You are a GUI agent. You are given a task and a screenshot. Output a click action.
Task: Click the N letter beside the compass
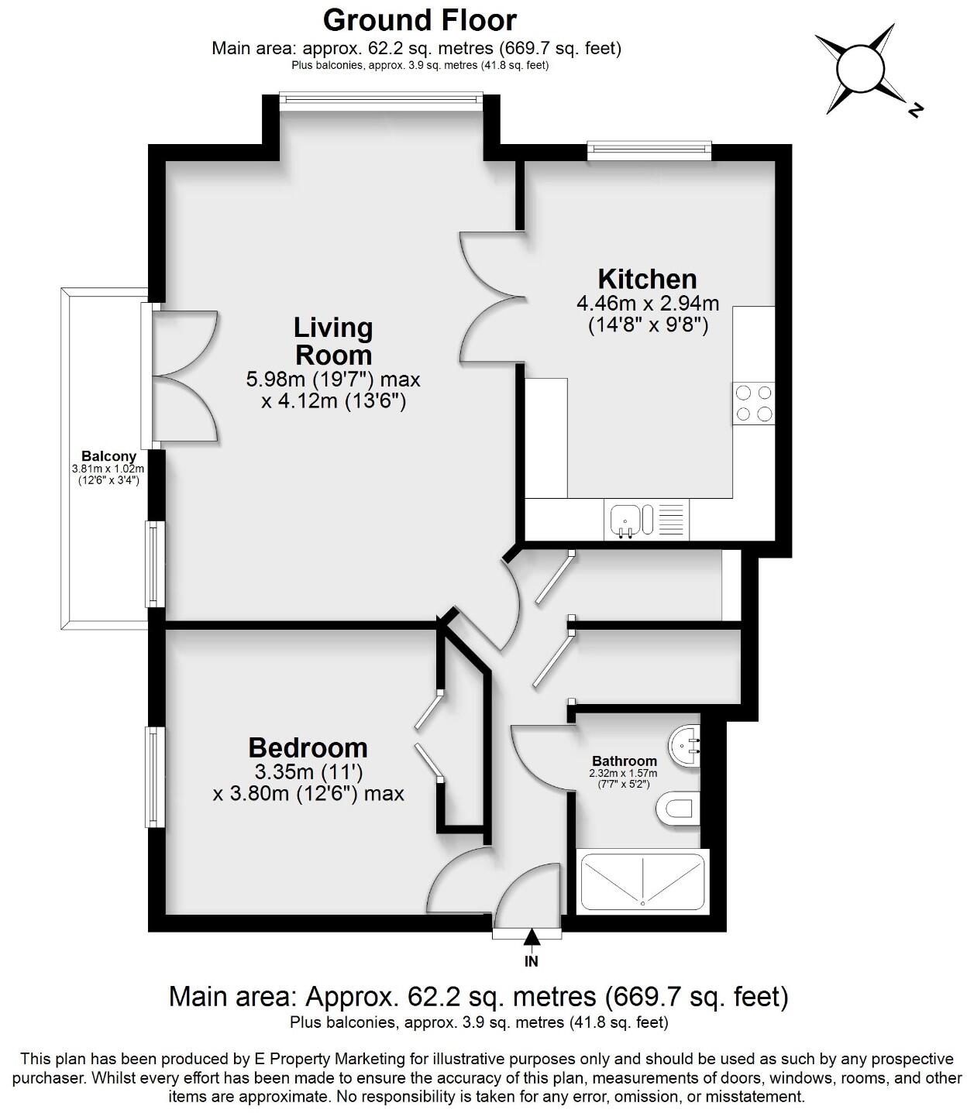point(915,110)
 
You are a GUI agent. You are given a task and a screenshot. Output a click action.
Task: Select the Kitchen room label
point(647,279)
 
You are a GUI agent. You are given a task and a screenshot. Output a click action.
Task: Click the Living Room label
point(333,342)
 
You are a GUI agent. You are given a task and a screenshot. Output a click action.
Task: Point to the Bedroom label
point(308,747)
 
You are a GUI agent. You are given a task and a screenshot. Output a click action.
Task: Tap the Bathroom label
point(624,761)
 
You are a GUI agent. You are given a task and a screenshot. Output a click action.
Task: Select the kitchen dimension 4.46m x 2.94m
point(648,303)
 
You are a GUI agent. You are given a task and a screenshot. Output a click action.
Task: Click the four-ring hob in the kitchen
point(753,404)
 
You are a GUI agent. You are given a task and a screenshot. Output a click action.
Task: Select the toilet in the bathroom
point(677,810)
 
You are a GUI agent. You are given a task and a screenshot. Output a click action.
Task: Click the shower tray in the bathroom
point(642,881)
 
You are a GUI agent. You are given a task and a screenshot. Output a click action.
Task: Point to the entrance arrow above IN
point(531,937)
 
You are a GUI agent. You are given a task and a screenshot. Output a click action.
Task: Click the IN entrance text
point(531,961)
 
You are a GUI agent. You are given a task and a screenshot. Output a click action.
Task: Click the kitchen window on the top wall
point(649,150)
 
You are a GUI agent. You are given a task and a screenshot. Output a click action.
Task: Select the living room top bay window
point(380,98)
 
